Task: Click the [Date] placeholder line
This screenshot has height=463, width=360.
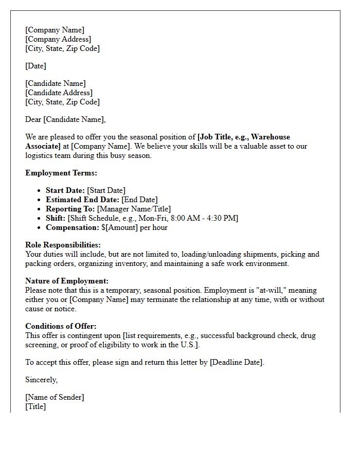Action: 35,66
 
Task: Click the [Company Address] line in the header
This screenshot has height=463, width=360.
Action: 58,39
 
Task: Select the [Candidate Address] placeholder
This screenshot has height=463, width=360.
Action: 59,93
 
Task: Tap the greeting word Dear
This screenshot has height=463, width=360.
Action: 33,119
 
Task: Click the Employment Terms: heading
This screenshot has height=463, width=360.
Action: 61,173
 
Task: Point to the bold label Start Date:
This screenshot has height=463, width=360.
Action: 65,190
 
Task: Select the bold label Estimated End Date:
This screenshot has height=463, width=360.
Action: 82,200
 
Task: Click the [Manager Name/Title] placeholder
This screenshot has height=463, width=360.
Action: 134,209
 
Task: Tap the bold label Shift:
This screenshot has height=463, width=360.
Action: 56,218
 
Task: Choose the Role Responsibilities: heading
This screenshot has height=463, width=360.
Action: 63,245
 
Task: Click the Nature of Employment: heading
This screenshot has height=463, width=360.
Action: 67,281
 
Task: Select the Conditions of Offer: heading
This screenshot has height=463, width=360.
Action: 61,326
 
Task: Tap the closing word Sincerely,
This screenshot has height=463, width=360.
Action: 41,380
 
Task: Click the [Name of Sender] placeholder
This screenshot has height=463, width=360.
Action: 55,397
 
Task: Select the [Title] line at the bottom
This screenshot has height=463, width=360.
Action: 35,406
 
